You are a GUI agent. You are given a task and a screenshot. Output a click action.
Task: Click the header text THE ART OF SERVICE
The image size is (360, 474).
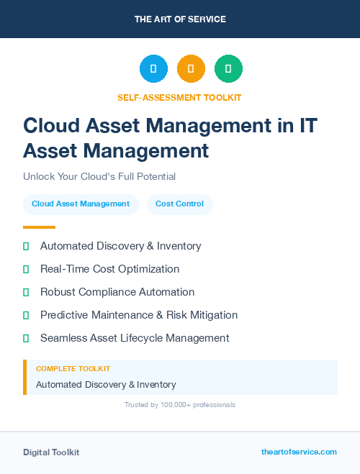[180, 19]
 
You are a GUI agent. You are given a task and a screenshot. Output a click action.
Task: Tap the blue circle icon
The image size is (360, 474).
[153, 69]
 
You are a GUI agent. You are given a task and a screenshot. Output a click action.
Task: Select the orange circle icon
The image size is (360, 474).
[191, 69]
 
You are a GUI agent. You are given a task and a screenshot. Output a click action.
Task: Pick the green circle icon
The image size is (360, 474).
[228, 69]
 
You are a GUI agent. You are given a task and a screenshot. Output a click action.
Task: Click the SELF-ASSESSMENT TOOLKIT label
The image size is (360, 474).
[180, 97]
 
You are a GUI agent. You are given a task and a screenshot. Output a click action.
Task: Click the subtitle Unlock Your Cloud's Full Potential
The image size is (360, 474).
[99, 176]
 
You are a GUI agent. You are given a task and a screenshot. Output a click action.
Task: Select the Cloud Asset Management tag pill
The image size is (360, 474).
[81, 204]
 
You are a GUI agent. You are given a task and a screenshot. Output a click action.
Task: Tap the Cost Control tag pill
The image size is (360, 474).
[180, 204]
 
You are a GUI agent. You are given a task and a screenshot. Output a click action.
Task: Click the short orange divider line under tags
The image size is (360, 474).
[39, 227]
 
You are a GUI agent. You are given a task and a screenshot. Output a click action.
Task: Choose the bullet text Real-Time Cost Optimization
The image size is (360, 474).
[109, 269]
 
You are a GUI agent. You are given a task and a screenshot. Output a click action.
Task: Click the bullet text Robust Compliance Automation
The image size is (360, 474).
[117, 292]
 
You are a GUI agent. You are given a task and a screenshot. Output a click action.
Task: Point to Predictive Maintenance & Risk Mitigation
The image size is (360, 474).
[139, 315]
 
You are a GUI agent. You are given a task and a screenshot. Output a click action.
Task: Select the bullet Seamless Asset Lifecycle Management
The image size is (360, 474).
[135, 338]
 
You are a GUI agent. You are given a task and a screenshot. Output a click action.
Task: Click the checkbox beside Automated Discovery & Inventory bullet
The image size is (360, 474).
[26, 246]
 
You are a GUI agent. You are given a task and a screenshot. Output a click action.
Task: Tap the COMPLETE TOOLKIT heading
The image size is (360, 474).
[73, 369]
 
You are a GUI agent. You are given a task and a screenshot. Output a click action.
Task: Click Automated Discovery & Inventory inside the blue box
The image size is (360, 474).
[106, 385]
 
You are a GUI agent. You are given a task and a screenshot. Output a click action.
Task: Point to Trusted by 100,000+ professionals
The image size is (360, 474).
[180, 405]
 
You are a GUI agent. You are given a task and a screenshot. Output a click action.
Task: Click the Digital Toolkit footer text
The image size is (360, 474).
[51, 452]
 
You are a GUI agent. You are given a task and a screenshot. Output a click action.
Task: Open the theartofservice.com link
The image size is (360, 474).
[299, 452]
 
